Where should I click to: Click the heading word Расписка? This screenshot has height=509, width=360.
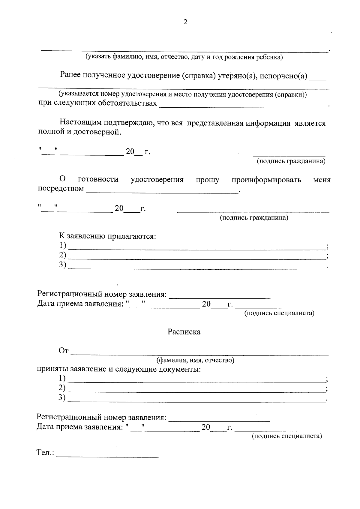(x=184, y=332)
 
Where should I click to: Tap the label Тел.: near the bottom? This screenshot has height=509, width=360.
(x=45, y=452)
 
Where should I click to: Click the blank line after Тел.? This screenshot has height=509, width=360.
(x=107, y=456)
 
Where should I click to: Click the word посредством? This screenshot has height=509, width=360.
(x=61, y=189)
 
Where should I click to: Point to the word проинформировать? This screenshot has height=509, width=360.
(x=266, y=180)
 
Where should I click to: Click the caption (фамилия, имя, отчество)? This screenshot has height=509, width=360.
(x=195, y=360)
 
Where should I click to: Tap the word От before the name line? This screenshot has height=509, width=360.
(x=64, y=351)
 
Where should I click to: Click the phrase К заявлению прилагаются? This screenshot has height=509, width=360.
(x=107, y=236)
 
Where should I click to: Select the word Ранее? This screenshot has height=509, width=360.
(x=70, y=75)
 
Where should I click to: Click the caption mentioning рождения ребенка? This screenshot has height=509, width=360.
(x=184, y=57)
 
